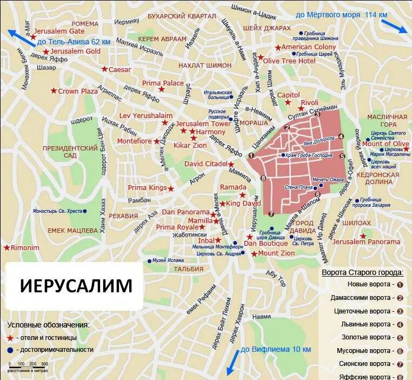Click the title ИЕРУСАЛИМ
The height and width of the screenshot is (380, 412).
76,285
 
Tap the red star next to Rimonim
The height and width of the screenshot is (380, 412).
6,247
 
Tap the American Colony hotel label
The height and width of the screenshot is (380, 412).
308,47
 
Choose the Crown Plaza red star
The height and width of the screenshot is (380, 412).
53,91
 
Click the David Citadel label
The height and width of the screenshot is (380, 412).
205,163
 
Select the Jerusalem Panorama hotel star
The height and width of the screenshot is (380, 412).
363,236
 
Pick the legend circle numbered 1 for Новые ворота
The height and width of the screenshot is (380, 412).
400,284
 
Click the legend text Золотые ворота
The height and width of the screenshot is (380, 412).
363,337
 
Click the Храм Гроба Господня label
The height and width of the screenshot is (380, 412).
310,155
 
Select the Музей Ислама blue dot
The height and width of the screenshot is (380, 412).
150,261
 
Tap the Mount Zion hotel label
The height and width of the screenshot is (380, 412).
276,253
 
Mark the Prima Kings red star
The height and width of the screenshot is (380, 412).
171,188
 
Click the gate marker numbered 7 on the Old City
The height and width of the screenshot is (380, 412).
271,214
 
